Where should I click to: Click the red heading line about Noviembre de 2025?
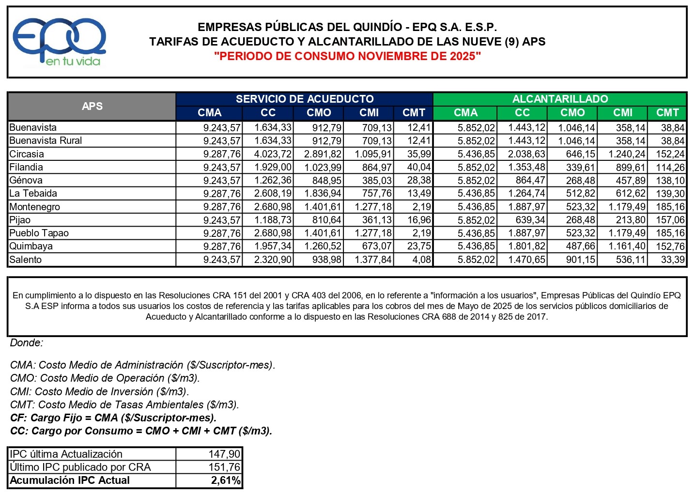tap(347, 56)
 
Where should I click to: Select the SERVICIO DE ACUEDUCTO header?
tap(304, 99)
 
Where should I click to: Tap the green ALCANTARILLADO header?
tap(560, 99)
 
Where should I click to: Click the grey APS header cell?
tap(92, 106)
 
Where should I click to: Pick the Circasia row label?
tap(27, 154)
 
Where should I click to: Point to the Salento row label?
tap(26, 260)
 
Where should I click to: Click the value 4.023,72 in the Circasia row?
tap(273, 154)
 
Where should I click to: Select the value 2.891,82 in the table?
tap(323, 154)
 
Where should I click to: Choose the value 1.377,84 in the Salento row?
tap(373, 260)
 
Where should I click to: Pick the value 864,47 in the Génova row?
tap(530, 181)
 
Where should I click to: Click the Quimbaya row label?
tap(31, 246)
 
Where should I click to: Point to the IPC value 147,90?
tap(224, 454)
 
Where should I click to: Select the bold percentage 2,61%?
tap(226, 480)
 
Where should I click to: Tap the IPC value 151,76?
tap(224, 467)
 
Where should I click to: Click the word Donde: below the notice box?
tap(27, 343)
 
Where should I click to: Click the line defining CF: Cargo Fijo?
tap(113, 418)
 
